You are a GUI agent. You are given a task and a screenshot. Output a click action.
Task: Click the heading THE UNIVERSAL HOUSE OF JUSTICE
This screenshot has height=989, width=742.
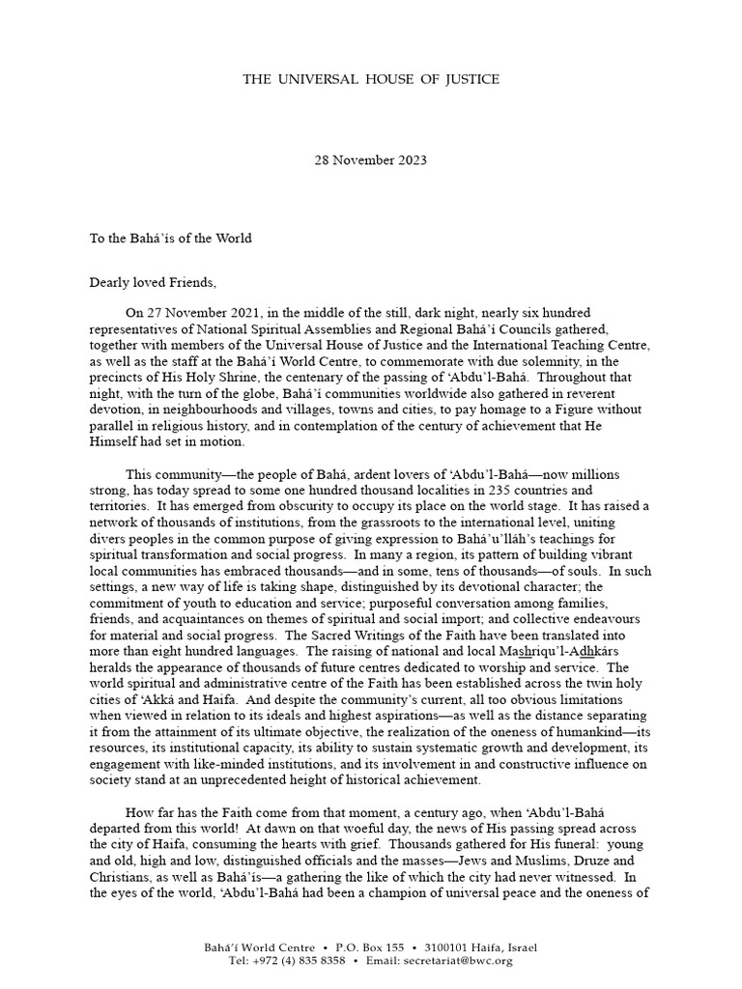pos(371,77)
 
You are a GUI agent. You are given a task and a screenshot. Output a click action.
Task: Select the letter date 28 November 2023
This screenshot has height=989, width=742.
pos(371,160)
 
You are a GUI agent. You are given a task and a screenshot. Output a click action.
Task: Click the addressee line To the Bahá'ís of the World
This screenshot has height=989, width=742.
pos(171,239)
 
